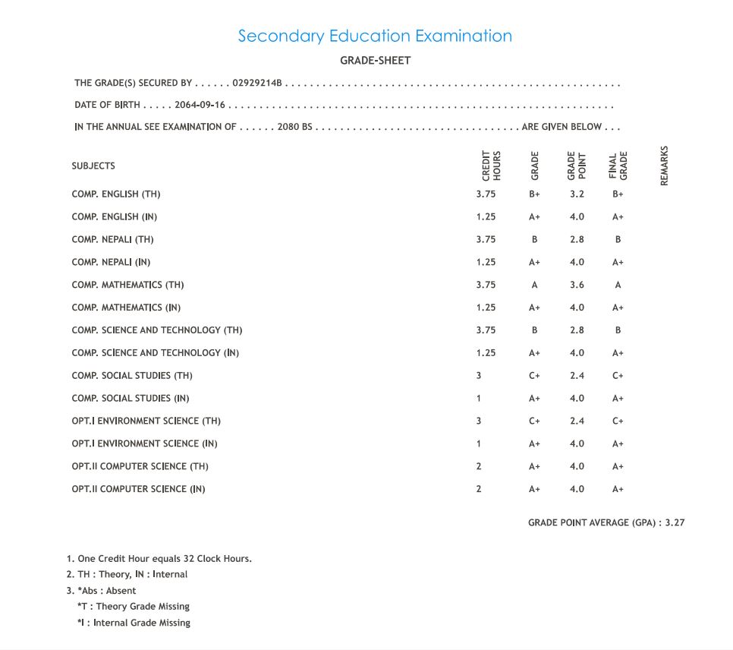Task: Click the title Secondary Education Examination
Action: pyautogui.click(x=375, y=36)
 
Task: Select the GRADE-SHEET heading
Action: pyautogui.click(x=375, y=61)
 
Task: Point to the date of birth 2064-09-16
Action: pyautogui.click(x=200, y=105)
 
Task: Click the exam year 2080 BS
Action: pyautogui.click(x=295, y=127)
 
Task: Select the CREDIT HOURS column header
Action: pyautogui.click(x=492, y=166)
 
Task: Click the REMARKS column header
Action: pyautogui.click(x=665, y=166)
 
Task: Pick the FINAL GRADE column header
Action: pyautogui.click(x=618, y=166)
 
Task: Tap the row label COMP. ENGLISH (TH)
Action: pyautogui.click(x=116, y=194)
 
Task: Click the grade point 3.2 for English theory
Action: pyautogui.click(x=577, y=194)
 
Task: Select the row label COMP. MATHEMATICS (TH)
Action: pyautogui.click(x=127, y=285)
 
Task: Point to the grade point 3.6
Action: pyautogui.click(x=577, y=285)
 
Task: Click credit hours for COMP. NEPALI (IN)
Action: pyautogui.click(x=486, y=262)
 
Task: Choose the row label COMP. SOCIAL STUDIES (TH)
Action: pyautogui.click(x=132, y=375)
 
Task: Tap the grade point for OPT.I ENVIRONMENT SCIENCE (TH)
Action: pyautogui.click(x=577, y=421)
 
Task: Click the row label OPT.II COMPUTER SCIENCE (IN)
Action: pyautogui.click(x=138, y=489)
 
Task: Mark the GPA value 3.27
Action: pyautogui.click(x=675, y=522)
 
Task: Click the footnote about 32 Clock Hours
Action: pyautogui.click(x=164, y=559)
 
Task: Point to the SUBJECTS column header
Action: pyautogui.click(x=93, y=166)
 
